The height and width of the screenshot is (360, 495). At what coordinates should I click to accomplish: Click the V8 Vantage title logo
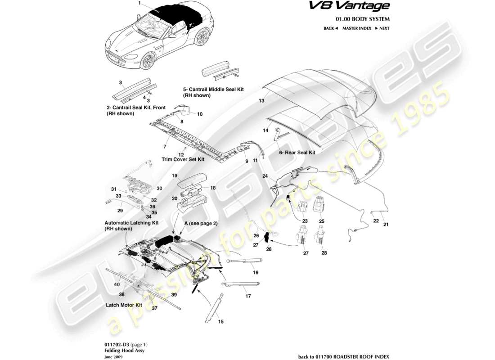point(361,6)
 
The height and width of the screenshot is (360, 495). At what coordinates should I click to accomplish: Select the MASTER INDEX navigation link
point(356,28)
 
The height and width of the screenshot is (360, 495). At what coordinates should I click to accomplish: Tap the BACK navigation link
point(330,28)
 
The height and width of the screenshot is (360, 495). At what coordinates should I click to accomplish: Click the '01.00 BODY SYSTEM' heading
point(363,19)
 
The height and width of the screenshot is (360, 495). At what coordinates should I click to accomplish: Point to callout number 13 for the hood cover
point(261,101)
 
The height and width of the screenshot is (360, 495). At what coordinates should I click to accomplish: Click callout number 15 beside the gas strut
point(220,321)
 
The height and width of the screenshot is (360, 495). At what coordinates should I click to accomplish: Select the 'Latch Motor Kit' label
point(124,305)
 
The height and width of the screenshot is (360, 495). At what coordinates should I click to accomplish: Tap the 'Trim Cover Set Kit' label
point(183,159)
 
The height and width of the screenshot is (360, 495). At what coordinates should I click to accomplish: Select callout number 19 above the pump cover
point(174,175)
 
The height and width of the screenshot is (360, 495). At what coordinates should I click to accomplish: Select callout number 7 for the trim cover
point(165,147)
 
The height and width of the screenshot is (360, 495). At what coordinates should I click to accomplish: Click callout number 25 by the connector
point(322,221)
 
